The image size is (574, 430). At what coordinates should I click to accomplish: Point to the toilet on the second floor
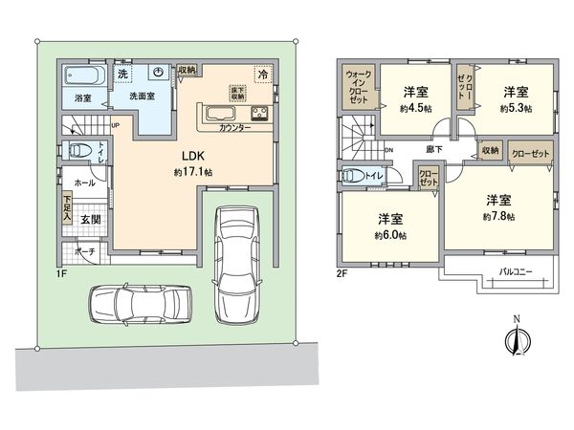pos(358,176)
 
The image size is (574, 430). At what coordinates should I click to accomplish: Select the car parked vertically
pos(236,263)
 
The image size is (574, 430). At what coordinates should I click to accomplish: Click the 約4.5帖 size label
pos(414,109)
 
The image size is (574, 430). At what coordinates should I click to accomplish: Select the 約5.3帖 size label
pos(516,109)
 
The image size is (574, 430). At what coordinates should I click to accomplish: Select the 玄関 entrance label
pos(87,219)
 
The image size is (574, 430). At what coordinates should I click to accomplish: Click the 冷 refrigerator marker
pos(261,73)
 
